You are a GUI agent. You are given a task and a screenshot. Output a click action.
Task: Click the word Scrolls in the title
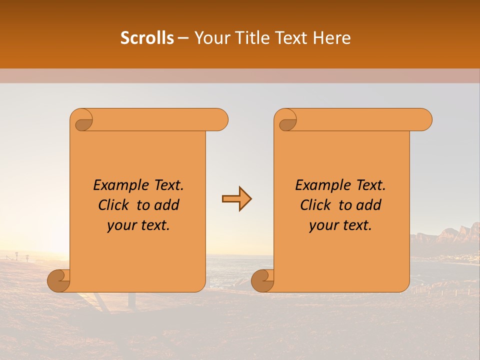(147, 38)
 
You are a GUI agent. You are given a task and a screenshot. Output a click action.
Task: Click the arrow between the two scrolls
(236, 199)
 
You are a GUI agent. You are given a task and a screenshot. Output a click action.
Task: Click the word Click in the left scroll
(113, 205)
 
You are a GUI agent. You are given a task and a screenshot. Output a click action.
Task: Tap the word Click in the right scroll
(315, 205)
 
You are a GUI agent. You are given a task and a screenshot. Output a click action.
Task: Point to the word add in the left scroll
(167, 205)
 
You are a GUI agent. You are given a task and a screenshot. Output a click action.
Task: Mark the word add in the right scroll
(369, 205)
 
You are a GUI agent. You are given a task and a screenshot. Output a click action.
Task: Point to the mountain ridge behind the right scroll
(445, 235)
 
